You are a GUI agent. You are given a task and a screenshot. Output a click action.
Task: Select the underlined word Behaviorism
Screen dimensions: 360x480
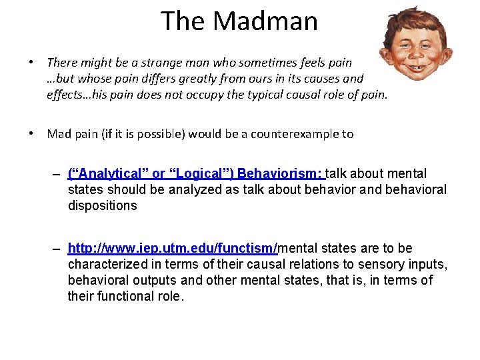(280, 174)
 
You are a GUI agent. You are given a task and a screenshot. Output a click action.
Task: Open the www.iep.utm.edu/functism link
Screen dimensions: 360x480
(173, 249)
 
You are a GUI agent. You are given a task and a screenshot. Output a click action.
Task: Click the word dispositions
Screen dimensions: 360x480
(102, 206)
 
